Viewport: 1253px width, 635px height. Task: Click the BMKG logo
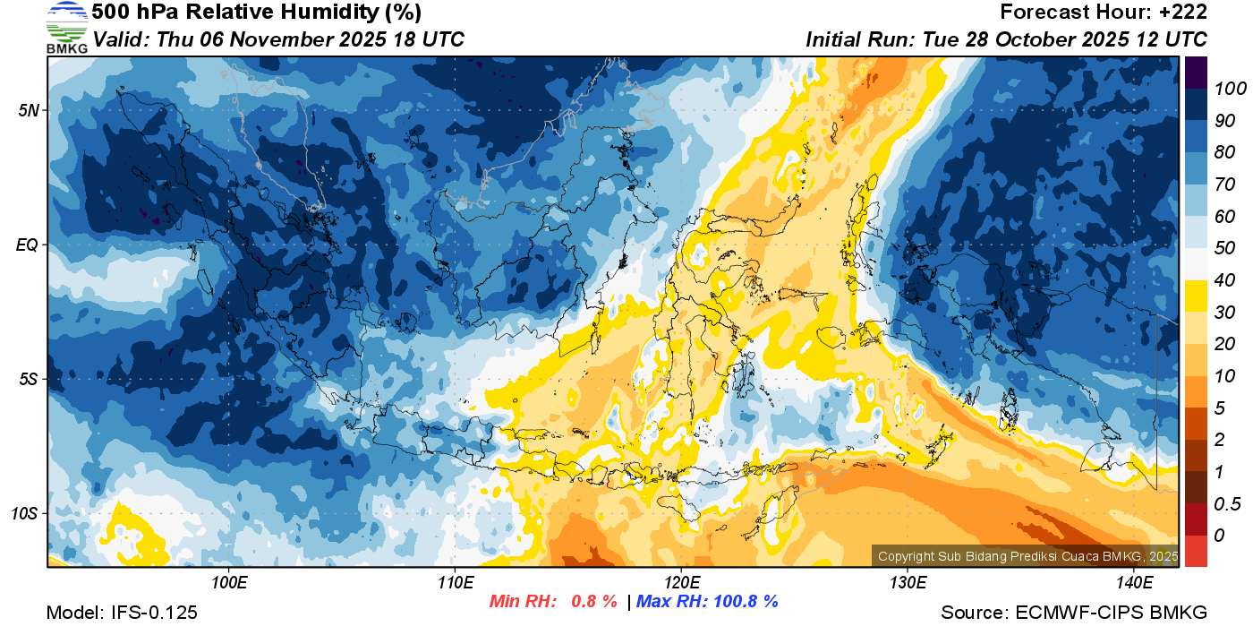pos(66,28)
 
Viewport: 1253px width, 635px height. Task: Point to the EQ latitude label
pos(28,245)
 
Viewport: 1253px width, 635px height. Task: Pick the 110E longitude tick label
pos(455,583)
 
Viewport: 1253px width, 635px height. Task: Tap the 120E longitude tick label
pos(681,583)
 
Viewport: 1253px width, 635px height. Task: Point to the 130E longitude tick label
pos(908,583)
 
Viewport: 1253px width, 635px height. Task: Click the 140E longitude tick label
pos(1134,583)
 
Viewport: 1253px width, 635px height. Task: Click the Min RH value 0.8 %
pos(594,602)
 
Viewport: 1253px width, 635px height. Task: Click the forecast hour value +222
pos(1181,13)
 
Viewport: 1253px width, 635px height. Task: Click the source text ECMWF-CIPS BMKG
pos(1112,613)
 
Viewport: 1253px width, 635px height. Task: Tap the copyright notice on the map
pos(1027,556)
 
